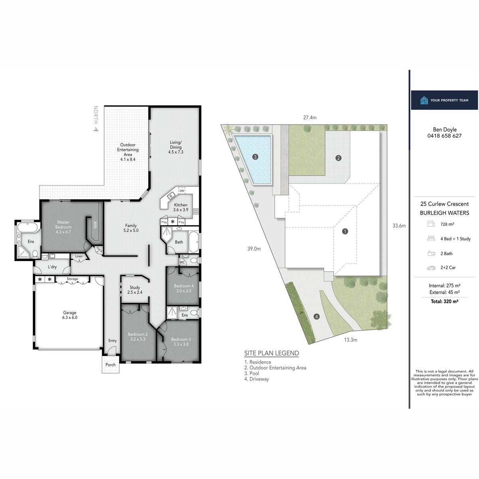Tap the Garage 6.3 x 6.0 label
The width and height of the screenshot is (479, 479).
[x=69, y=315]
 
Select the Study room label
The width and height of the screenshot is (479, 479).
[x=135, y=290]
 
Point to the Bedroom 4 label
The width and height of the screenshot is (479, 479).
[x=184, y=288]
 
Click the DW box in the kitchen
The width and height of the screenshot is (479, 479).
[x=182, y=191]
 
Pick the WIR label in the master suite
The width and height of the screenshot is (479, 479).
[x=95, y=225]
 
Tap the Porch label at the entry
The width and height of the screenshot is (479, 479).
[x=111, y=365]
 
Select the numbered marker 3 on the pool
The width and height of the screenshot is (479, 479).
[x=255, y=157]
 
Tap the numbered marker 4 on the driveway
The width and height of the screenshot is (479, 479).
[x=317, y=317]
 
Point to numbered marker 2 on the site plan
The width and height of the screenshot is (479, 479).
[x=338, y=158]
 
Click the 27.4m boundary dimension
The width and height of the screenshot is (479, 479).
[x=310, y=118]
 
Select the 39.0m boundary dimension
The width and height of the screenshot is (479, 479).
[x=253, y=249]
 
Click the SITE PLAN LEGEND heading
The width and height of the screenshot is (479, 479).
[x=271, y=353]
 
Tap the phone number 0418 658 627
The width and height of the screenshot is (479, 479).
[x=444, y=136]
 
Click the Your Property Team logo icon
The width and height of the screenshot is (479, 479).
[x=424, y=100]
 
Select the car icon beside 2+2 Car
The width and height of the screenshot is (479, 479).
[x=431, y=268]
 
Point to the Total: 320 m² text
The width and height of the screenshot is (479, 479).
[x=444, y=301]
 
